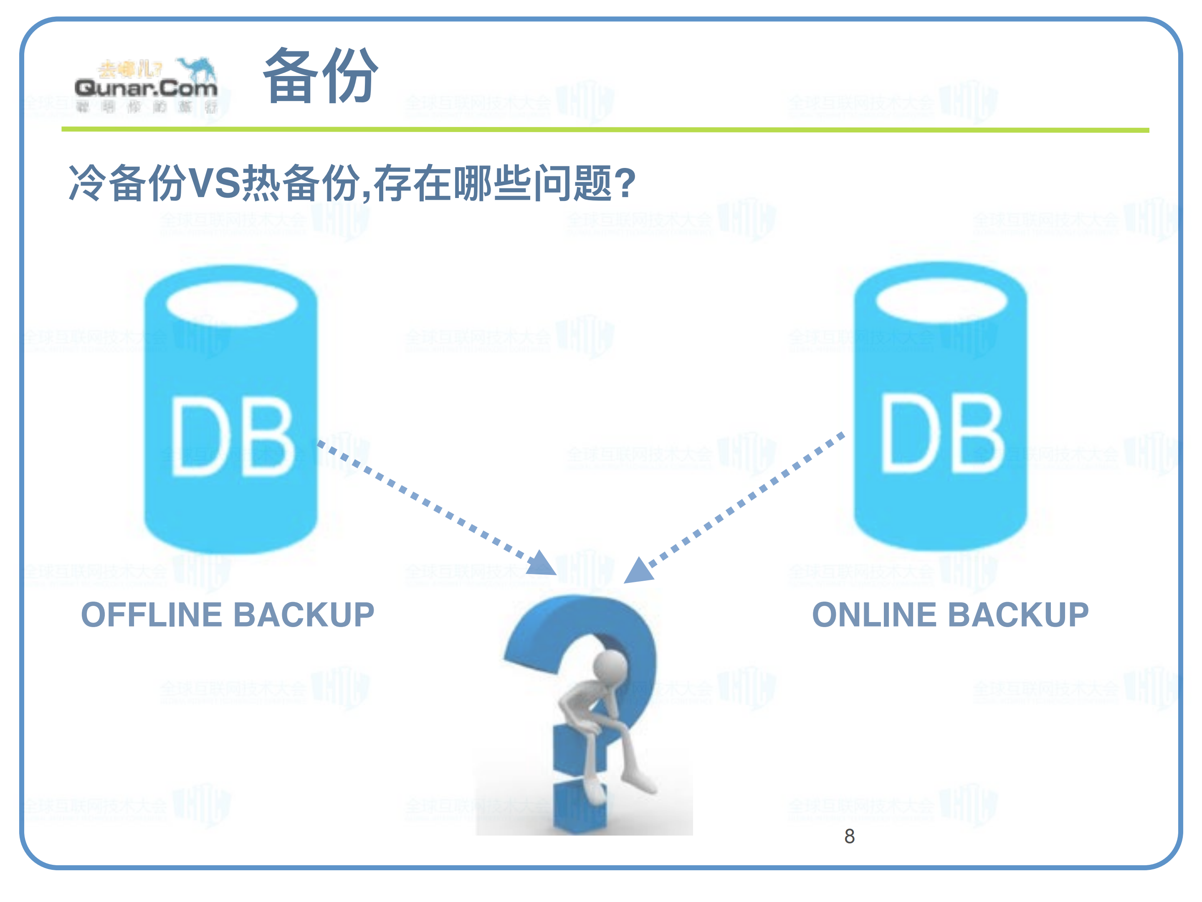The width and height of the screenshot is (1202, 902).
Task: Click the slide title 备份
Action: coord(320,76)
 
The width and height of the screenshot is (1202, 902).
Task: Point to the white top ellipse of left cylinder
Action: coord(232,303)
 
